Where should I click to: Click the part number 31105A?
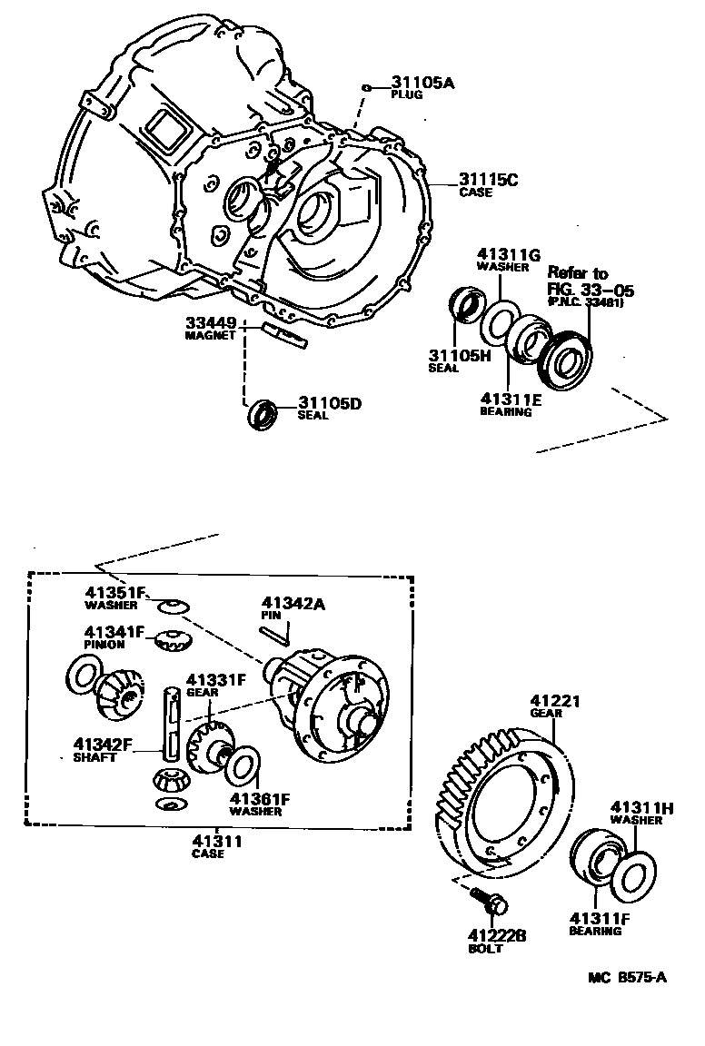(x=422, y=83)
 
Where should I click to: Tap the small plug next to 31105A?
(x=365, y=87)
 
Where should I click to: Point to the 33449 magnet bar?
(x=284, y=335)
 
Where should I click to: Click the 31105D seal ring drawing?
(x=263, y=412)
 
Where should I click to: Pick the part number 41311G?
(x=510, y=255)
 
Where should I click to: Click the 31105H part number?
(x=459, y=355)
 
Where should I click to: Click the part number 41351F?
(x=116, y=594)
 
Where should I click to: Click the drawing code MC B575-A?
(x=627, y=977)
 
